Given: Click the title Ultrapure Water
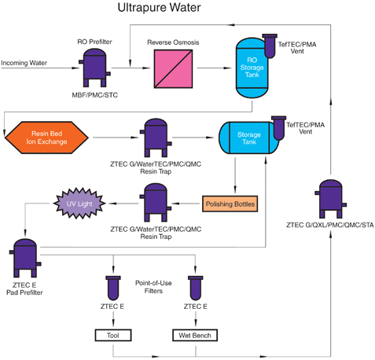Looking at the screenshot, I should (159, 9).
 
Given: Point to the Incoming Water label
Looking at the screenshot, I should (26, 63).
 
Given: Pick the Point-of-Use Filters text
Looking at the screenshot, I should (153, 286).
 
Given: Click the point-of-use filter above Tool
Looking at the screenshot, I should (115, 288).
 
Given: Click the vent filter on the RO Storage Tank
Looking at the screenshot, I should (270, 44).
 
